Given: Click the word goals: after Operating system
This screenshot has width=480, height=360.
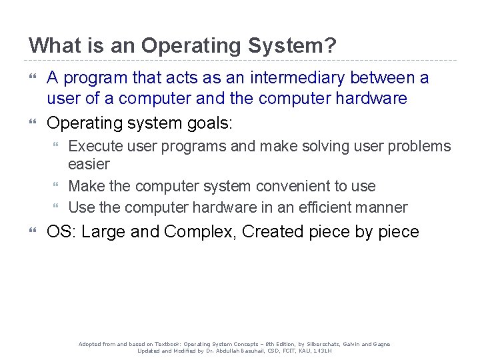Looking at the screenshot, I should (209, 123).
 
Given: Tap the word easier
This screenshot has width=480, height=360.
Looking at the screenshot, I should (89, 164).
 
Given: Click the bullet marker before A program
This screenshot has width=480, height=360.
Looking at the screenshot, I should (33, 78).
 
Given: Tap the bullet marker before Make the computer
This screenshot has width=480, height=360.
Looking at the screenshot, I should (58, 186).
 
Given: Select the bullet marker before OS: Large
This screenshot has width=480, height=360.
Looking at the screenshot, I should (33, 232).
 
